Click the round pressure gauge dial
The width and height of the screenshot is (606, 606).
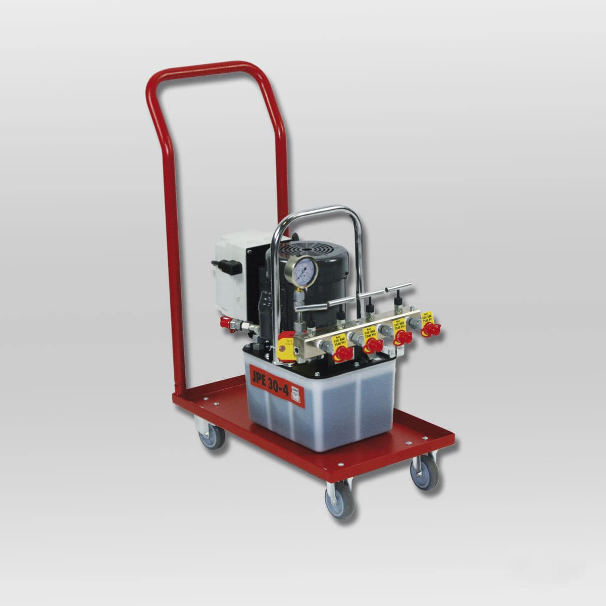302,272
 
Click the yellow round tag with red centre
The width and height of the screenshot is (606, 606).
287,345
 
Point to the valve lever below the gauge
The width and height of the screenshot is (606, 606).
328,302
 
